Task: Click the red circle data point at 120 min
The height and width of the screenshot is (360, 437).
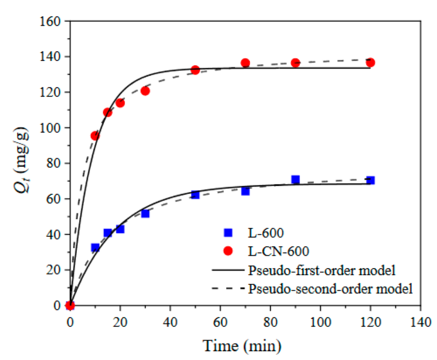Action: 370,62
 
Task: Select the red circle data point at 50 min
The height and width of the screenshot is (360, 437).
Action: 195,70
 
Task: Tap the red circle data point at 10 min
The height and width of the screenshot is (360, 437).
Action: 95,136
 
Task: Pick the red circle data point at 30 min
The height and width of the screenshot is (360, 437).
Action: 145,91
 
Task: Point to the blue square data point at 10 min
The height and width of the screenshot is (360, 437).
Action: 95,247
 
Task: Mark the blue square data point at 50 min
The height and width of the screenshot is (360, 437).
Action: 195,195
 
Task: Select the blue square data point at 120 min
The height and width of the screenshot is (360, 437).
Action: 370,180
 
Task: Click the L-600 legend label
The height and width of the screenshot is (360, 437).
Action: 263,232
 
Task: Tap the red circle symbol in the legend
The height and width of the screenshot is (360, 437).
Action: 228,251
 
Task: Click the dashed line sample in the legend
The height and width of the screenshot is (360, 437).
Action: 228,289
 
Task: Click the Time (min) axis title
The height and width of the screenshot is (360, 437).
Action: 241,346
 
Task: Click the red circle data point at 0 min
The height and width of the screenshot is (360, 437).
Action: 70,305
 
